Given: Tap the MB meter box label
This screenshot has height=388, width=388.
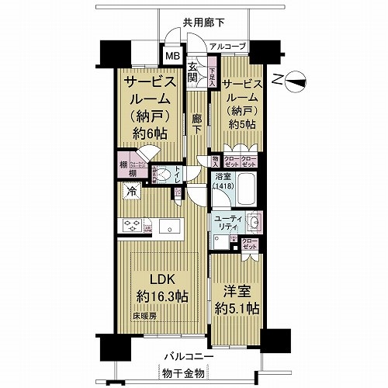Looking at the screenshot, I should (171, 57).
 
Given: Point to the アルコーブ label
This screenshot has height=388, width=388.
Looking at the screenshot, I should (227, 47).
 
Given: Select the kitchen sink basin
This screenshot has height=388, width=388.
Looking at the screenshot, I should (168, 226).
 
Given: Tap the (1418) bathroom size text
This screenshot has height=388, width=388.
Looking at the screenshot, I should (220, 187).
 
